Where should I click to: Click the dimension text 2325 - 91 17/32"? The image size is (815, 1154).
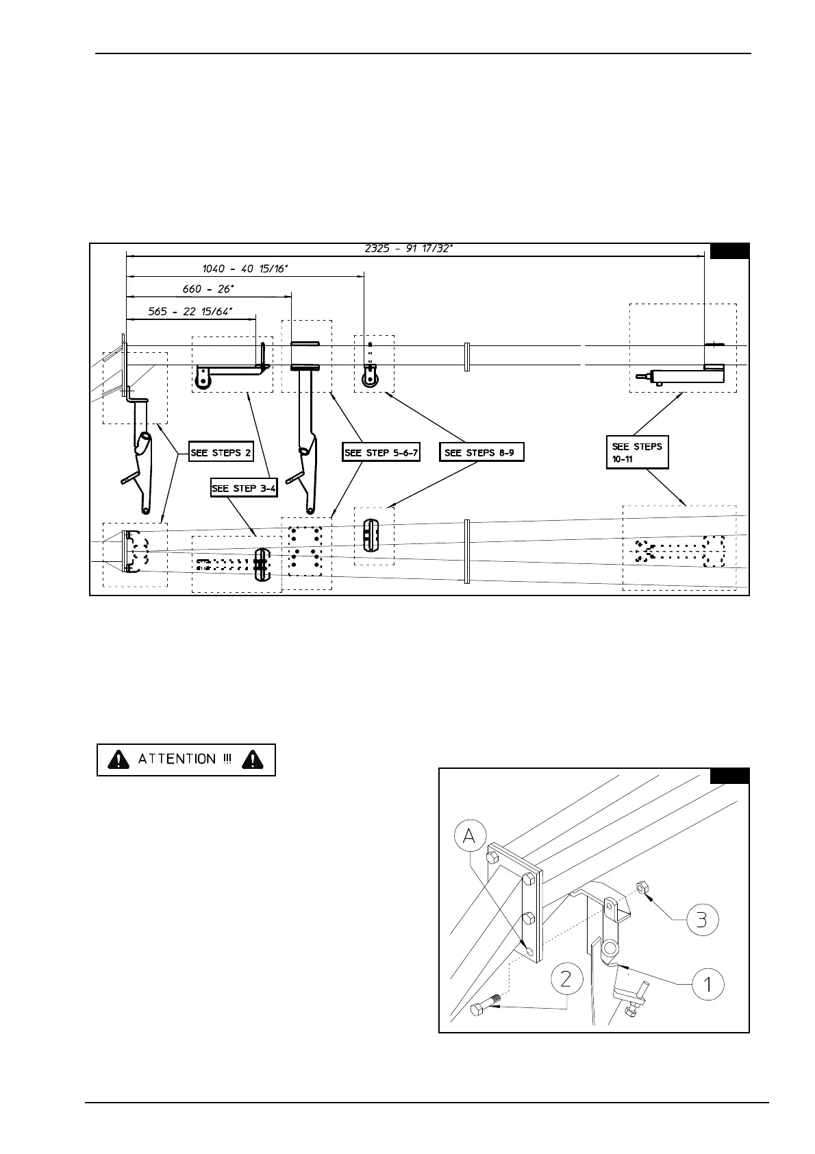408,248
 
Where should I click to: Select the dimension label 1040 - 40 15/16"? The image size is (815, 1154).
244,269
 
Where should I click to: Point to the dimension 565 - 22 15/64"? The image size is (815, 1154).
190,311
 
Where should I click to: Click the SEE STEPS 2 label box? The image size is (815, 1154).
221,452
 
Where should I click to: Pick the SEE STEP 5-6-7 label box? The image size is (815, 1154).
381,452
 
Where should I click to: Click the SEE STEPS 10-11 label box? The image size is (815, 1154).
637,452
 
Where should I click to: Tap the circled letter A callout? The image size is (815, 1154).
471,836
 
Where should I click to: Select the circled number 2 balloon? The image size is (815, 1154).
566,979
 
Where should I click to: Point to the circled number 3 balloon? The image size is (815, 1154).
701,919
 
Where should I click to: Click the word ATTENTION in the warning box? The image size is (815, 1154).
177,759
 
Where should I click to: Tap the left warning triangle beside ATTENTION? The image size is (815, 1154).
120,759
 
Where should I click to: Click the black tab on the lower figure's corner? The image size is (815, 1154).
729,776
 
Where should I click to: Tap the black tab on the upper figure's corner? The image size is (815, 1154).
729,251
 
